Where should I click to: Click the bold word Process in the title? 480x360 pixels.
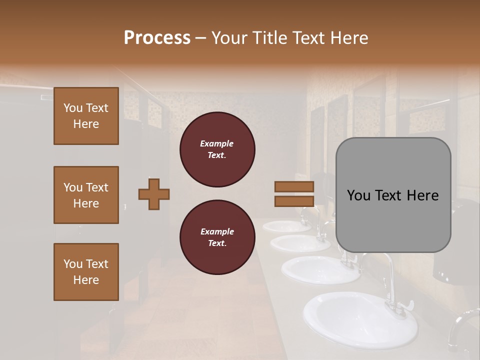(x=157, y=38)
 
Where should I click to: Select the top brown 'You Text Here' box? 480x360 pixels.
(x=86, y=116)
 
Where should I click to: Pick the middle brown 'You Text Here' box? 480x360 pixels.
(x=86, y=195)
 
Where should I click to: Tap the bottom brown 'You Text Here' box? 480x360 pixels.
(x=86, y=272)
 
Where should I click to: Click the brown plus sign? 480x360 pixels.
(x=154, y=194)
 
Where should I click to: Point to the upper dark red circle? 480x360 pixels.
(x=217, y=149)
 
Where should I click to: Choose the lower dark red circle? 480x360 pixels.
(x=217, y=237)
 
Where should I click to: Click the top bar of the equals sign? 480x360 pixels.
(x=294, y=186)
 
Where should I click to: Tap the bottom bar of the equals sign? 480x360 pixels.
(x=294, y=201)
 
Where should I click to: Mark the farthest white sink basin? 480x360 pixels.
(x=286, y=226)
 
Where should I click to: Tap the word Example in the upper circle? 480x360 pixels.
(x=216, y=143)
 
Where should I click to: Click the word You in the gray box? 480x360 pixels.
(x=358, y=195)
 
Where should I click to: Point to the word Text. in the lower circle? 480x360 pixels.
(x=216, y=243)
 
